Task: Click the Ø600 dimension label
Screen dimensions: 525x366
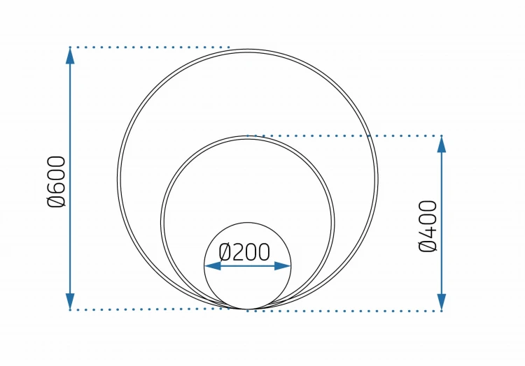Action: point(56,182)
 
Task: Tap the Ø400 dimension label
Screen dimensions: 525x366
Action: point(428,226)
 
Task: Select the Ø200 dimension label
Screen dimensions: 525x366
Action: point(244,252)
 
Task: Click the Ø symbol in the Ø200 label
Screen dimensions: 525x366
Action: point(225,252)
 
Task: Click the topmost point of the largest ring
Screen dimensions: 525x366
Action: point(247,50)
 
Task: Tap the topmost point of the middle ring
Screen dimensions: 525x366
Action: point(247,136)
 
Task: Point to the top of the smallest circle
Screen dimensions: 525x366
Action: point(247,222)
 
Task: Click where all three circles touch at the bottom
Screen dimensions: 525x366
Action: point(247,309)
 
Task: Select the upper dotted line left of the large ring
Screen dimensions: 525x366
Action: point(150,47)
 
